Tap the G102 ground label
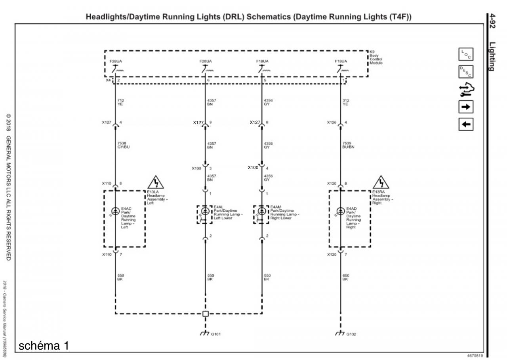click(x=351, y=334)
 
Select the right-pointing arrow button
click(x=466, y=107)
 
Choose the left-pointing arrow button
click(x=466, y=124)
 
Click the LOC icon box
click(x=466, y=54)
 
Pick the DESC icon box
click(x=466, y=72)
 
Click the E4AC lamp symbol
click(x=115, y=211)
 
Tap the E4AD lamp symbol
click(x=340, y=211)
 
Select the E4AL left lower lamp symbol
click(x=205, y=211)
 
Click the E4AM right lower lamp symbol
click(x=262, y=211)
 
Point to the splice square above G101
click(x=205, y=314)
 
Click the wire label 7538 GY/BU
click(x=123, y=145)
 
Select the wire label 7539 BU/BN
click(x=349, y=145)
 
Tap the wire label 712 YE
click(x=121, y=102)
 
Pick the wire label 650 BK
click(x=345, y=277)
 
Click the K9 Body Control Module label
click(x=376, y=57)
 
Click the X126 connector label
click(x=332, y=123)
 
